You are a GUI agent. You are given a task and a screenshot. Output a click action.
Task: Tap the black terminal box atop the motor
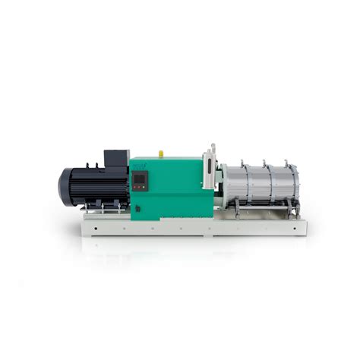pos(115,159)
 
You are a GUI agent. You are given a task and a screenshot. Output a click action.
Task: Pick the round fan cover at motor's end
pos(66,185)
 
